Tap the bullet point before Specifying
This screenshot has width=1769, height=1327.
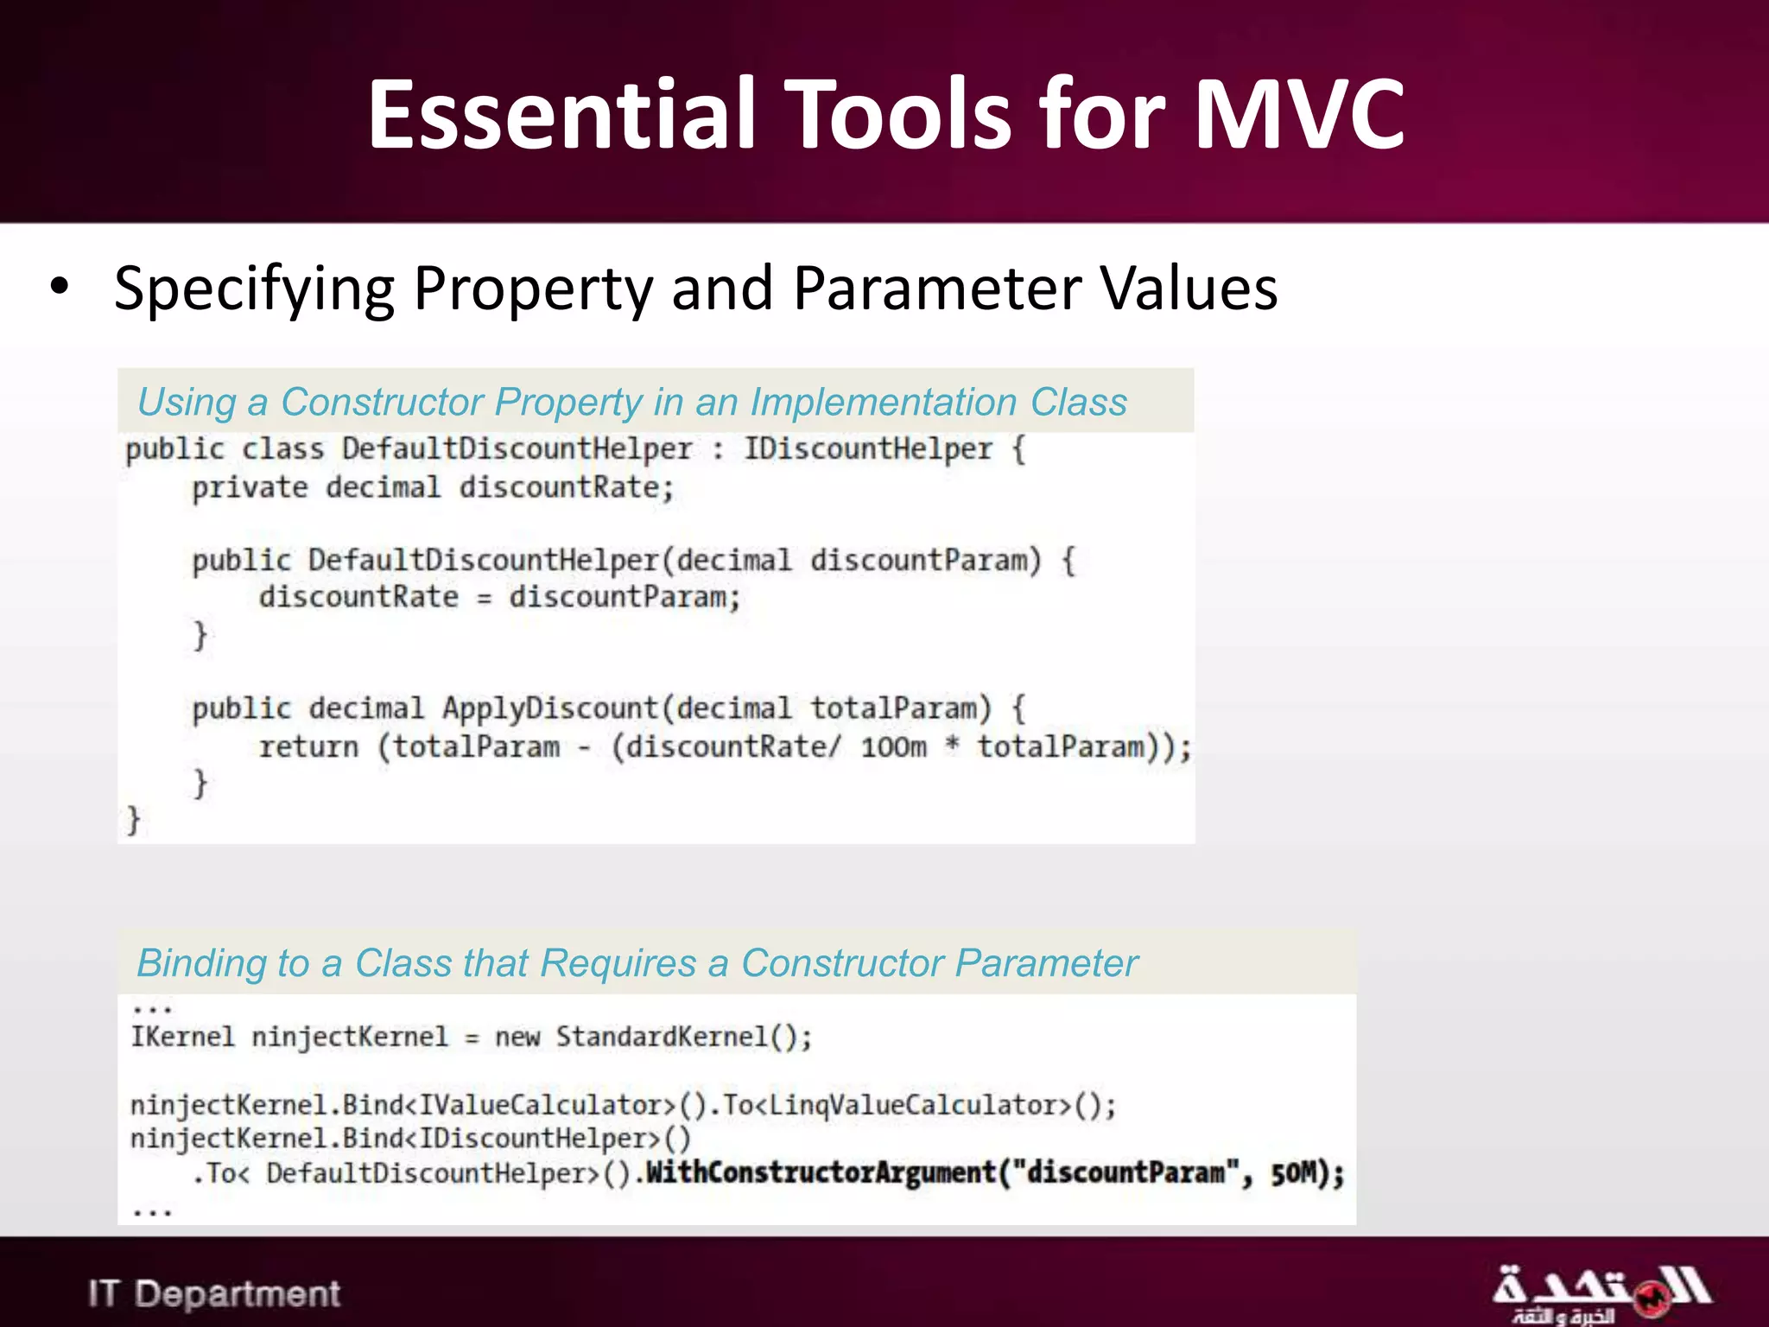click(x=59, y=287)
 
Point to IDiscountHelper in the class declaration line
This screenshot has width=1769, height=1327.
click(x=867, y=448)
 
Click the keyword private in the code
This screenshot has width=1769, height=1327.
click(x=249, y=488)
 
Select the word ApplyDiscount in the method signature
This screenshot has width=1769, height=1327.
click(x=550, y=708)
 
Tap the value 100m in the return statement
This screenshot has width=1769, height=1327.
click(x=893, y=746)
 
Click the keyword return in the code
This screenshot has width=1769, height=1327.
click(x=308, y=746)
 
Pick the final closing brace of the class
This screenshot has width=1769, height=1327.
click(x=133, y=819)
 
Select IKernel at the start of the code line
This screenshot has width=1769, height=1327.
click(x=182, y=1037)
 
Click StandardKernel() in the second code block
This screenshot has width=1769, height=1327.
click(x=682, y=1037)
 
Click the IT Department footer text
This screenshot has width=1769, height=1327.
click(x=214, y=1293)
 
